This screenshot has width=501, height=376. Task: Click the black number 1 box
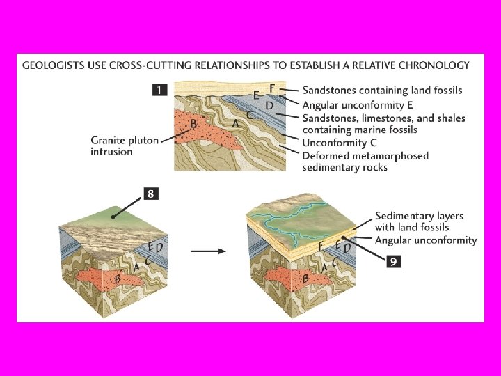coord(159,91)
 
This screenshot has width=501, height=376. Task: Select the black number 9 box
coord(393,262)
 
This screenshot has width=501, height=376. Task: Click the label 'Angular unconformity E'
coord(353,105)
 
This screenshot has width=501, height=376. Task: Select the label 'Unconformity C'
coord(338,143)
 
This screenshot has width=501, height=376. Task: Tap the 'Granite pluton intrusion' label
coord(124,146)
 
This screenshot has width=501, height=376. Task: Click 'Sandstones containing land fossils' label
coord(382,91)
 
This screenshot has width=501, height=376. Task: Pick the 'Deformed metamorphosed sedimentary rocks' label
coord(365,161)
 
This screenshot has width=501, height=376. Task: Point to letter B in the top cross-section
coord(194,124)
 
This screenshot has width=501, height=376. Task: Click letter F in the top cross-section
coord(272,87)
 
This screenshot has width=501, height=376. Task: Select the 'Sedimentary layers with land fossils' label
coord(419,221)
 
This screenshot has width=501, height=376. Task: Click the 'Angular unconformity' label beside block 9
coord(426,240)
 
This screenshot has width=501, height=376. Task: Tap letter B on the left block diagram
coord(118,279)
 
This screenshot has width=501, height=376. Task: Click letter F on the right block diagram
coord(321,246)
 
